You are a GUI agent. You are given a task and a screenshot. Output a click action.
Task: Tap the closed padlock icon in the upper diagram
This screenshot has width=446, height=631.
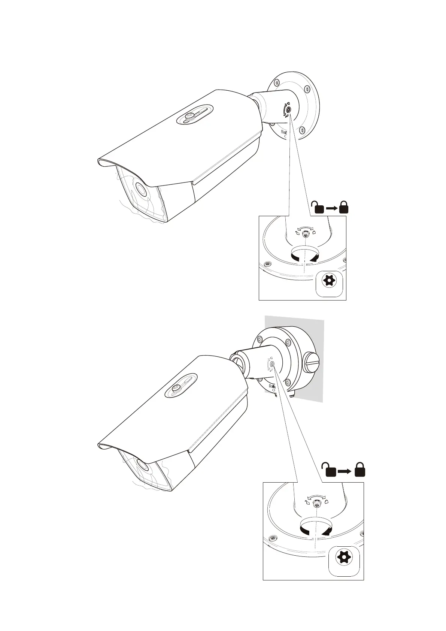point(344,207)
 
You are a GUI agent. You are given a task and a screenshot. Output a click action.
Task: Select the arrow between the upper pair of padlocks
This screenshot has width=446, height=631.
point(331,208)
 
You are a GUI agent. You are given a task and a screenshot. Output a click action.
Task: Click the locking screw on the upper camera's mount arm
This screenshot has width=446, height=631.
point(288,109)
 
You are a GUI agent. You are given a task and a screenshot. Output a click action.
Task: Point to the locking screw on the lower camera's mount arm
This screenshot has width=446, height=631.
point(272,363)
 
